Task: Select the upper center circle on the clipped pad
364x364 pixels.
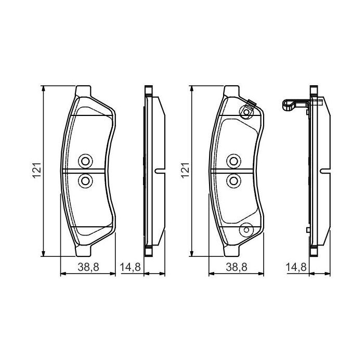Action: (233, 161)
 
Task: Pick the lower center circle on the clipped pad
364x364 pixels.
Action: (233, 180)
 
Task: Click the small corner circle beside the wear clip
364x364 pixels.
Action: (246, 113)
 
